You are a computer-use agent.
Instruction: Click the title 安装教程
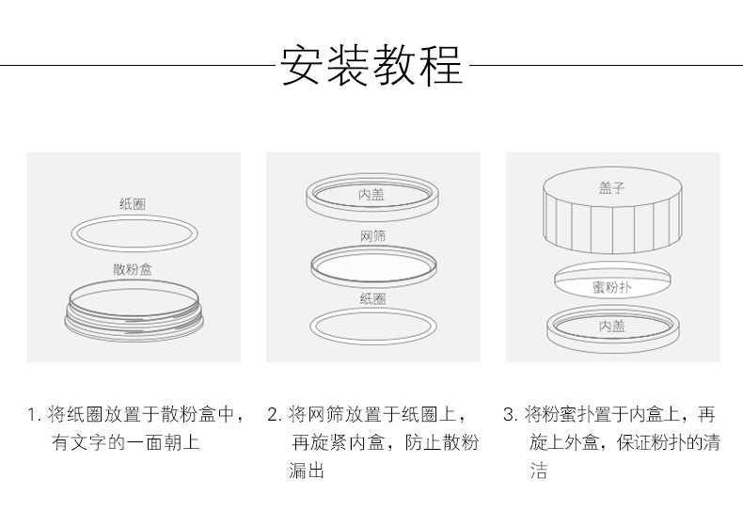tap(371, 66)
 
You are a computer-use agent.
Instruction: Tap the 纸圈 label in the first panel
tap(133, 204)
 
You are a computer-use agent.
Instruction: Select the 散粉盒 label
tap(133, 269)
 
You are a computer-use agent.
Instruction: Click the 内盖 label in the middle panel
tap(371, 195)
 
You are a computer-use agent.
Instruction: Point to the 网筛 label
tap(373, 236)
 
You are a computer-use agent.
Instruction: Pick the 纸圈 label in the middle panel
tap(373, 298)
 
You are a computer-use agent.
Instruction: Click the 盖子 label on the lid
tap(611, 187)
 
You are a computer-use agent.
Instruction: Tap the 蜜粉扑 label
tap(611, 287)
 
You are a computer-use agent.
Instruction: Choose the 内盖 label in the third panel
tap(612, 326)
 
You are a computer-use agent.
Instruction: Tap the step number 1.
tap(32, 415)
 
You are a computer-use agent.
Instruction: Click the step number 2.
tap(274, 415)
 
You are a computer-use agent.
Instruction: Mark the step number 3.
tap(510, 415)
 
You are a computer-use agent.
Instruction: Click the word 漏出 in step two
tap(307, 471)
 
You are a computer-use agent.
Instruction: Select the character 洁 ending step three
tap(539, 471)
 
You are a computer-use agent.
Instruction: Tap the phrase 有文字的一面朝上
tap(126, 442)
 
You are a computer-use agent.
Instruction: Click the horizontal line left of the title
tap(137, 66)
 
